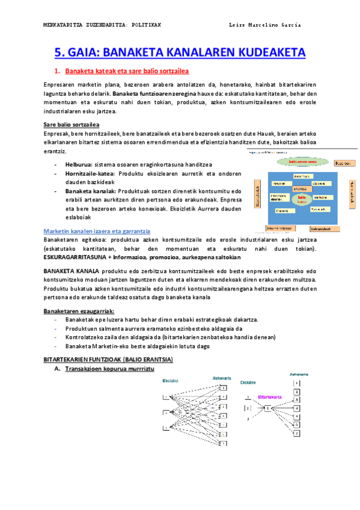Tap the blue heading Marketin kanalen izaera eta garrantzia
point(97,231)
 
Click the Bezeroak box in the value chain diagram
point(343,163)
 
